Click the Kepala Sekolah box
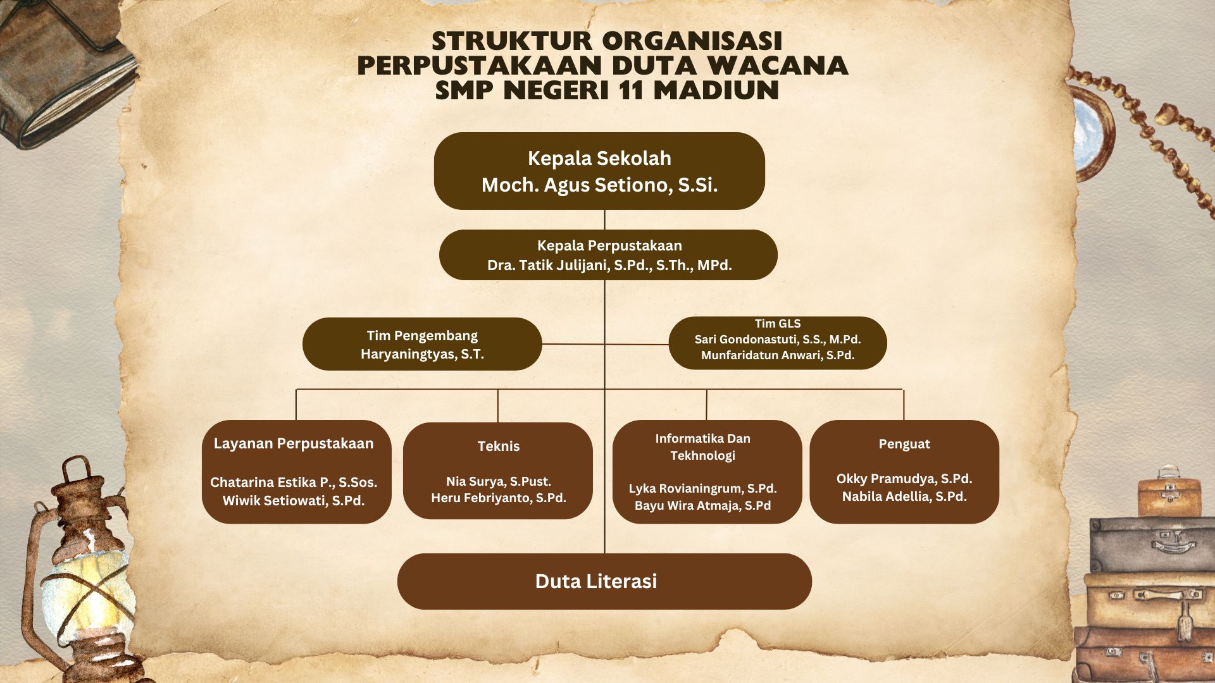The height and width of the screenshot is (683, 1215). pos(599,171)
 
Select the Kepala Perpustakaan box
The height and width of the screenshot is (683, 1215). pos(608,255)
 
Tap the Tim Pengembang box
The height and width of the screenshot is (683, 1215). pos(422,344)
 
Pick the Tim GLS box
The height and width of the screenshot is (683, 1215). pos(778,343)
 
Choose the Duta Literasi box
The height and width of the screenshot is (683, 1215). pos(604,581)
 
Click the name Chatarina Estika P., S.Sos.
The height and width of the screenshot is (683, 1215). pos(294,483)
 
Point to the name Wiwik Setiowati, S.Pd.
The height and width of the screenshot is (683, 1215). pos(294,501)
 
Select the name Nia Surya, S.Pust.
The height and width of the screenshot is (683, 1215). pos(499,481)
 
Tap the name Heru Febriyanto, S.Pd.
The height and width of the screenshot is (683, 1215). pos(499,498)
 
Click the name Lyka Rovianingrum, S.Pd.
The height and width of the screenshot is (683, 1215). pos(702,488)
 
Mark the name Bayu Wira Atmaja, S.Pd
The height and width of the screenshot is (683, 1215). pos(702,505)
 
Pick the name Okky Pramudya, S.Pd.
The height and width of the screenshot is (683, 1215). pos(904,479)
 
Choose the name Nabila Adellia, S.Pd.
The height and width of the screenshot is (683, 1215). pos(904,496)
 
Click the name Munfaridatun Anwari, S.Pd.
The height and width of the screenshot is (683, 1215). pos(778,355)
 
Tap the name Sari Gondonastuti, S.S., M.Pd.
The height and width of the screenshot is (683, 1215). pos(778,340)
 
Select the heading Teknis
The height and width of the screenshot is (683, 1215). pos(499,446)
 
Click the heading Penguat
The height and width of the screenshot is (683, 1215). pos(904,444)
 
